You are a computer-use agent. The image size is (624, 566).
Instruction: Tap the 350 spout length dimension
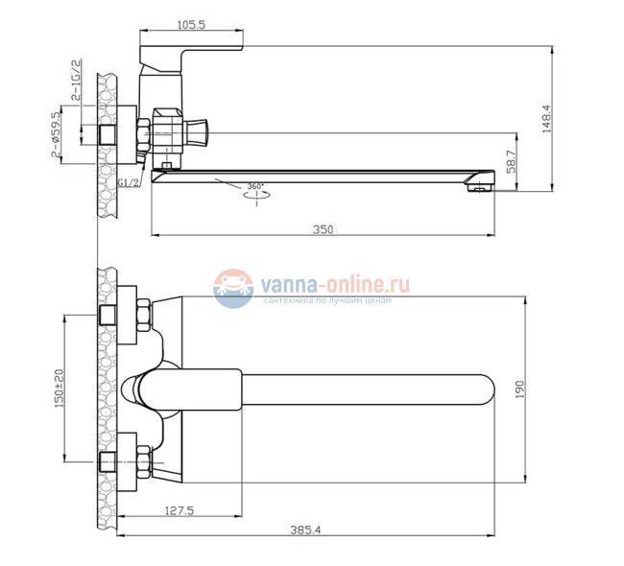[x=323, y=228]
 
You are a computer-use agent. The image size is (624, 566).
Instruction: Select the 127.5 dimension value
[x=179, y=511]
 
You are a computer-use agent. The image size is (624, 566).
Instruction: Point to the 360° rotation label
[x=255, y=186]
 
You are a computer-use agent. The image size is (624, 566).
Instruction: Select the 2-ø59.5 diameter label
[x=57, y=134]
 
